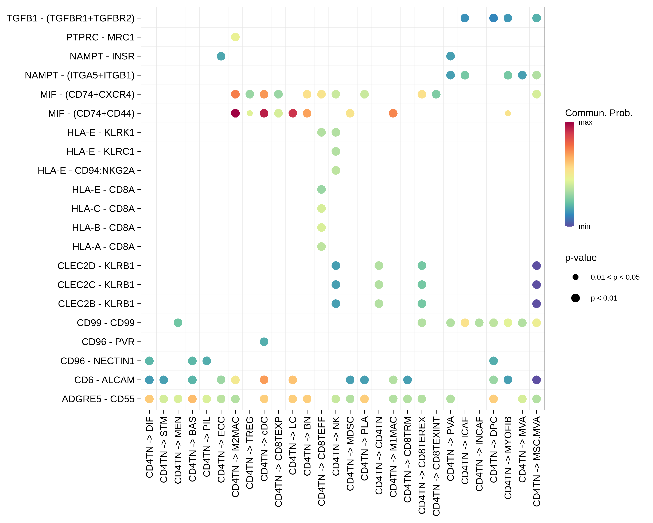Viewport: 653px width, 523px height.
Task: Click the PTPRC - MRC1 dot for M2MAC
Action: tap(235, 37)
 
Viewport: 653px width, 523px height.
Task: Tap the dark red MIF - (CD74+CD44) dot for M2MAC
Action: tap(235, 113)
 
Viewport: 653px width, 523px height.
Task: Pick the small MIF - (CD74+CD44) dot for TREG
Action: tap(250, 113)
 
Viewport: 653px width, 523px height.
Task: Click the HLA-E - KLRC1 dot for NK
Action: tap(336, 151)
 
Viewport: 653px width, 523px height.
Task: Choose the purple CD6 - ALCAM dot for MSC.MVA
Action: tap(536, 380)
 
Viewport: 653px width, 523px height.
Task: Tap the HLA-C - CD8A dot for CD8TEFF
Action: tap(321, 208)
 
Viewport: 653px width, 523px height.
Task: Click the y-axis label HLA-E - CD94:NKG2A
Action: tap(86, 170)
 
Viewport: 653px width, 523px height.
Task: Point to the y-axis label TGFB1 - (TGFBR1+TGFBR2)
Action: tap(71, 18)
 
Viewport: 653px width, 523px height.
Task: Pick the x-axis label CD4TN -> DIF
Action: tap(149, 447)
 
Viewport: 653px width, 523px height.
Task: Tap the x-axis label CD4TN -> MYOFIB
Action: tap(508, 458)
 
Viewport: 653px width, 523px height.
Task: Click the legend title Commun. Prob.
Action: tap(598, 113)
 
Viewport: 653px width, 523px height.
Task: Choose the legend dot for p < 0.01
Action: tap(576, 298)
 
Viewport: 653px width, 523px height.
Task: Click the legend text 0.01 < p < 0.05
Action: tap(615, 277)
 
